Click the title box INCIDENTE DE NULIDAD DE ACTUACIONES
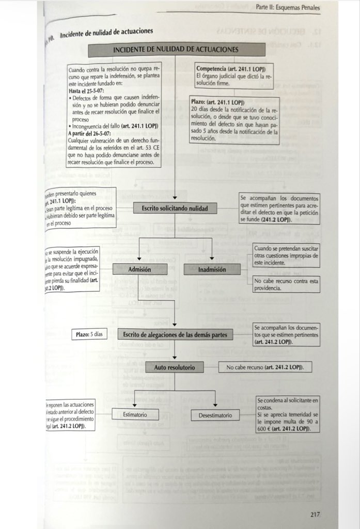[x=175, y=50]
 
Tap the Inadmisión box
[x=212, y=269]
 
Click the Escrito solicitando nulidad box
[x=175, y=209]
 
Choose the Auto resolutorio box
[x=175, y=367]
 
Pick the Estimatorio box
[x=135, y=414]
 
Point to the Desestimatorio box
[x=215, y=415]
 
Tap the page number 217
[x=316, y=514]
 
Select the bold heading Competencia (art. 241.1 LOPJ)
[x=231, y=69]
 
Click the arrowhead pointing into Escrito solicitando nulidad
[x=175, y=197]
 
